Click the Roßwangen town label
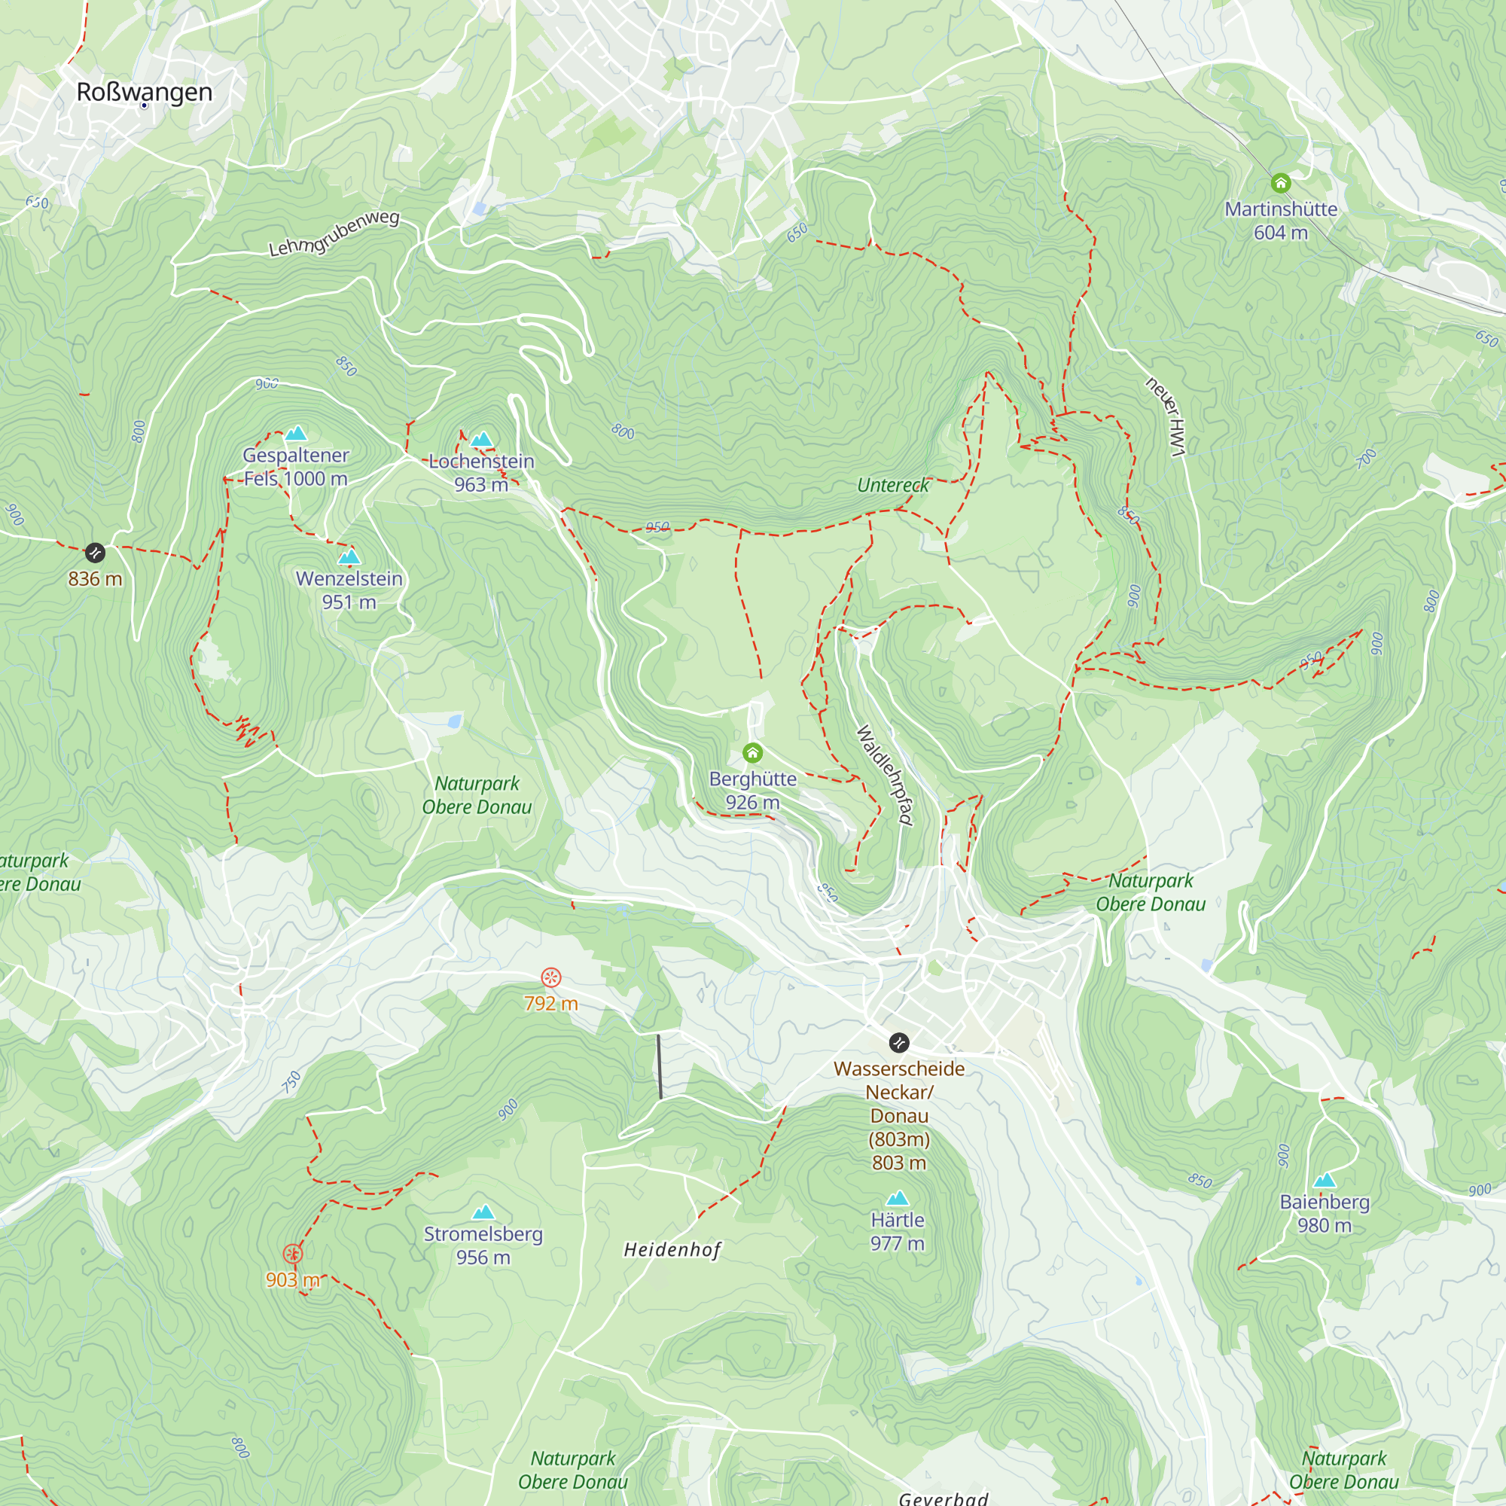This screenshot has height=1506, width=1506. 145,92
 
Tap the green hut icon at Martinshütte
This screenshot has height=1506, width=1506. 1281,183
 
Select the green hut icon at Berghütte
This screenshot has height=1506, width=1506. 752,752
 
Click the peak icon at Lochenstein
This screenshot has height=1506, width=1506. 482,440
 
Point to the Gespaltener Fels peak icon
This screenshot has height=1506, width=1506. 295,434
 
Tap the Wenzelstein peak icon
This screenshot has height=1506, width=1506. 349,557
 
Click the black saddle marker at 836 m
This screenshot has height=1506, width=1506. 95,553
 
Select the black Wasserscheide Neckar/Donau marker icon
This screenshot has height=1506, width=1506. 899,1042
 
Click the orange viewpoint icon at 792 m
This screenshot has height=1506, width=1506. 551,977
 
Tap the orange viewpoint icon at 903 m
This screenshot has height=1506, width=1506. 292,1254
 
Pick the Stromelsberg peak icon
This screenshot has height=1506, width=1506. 483,1212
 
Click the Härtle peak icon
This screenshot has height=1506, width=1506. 898,1198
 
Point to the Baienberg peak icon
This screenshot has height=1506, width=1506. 1325,1180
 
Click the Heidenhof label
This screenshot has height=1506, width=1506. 672,1249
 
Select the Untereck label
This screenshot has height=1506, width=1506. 892,485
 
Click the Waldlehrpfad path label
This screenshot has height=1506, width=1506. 885,775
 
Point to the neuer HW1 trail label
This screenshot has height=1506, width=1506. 1166,416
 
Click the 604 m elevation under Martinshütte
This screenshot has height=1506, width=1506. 1281,232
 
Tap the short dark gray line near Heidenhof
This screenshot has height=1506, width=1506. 660,1066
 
